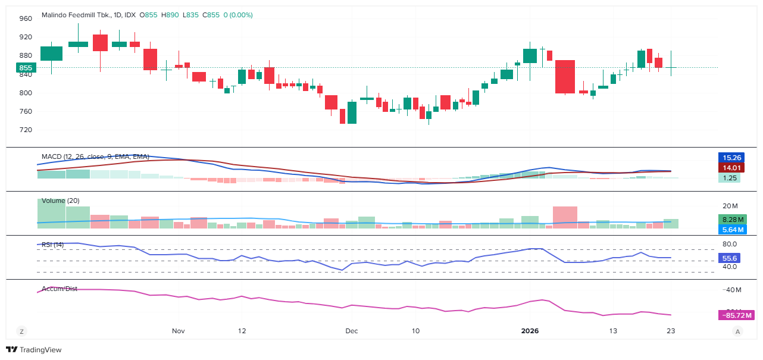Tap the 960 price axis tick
coord(26,18)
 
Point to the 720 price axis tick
coord(26,130)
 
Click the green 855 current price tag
coord(26,68)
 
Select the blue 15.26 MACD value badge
coord(731,158)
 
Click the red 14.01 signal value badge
coord(731,168)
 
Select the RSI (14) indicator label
coord(52,245)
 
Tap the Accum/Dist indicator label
coord(60,289)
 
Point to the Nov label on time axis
coord(179,331)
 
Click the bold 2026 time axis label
coord(530,331)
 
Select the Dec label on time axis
coord(351,331)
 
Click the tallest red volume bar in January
coord(565,217)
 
